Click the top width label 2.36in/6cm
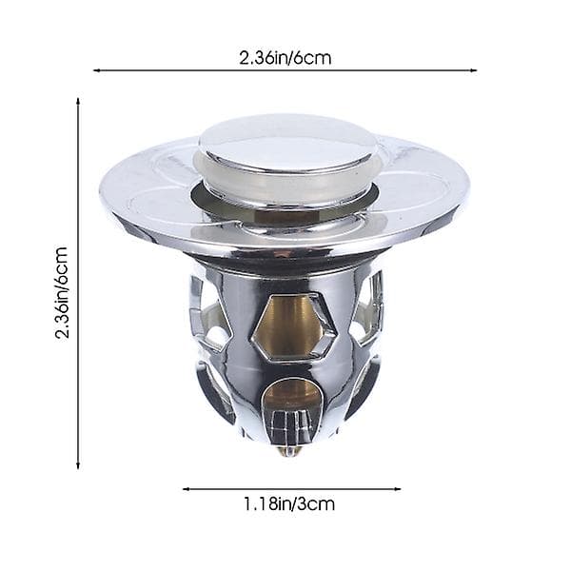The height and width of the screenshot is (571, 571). (x=285, y=58)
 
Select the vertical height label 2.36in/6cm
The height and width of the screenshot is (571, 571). (x=62, y=293)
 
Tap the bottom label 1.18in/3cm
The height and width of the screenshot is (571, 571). (x=288, y=504)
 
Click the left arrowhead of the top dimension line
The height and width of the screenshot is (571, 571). (x=96, y=70)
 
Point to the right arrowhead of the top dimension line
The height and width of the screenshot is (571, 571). (x=474, y=70)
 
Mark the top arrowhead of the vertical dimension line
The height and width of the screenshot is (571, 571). (x=78, y=101)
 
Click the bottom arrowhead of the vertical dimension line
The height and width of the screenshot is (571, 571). (x=78, y=465)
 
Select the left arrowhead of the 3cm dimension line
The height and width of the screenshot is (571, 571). (x=186, y=489)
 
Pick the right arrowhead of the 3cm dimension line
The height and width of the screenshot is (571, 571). (x=398, y=489)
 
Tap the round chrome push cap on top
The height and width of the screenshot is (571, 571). (x=285, y=144)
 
